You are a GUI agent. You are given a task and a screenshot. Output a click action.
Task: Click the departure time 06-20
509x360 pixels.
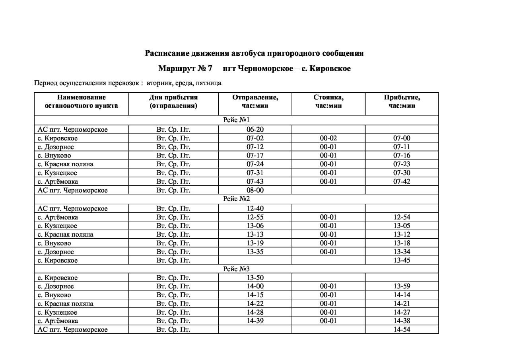(x=255, y=129)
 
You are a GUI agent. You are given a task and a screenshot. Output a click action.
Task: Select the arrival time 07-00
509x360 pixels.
(x=402, y=138)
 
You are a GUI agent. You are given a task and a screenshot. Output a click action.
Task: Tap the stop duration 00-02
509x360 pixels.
(x=328, y=138)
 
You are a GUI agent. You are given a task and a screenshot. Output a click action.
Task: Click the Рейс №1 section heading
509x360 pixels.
(x=236, y=120)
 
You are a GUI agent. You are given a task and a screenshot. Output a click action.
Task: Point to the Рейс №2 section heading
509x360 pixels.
(x=236, y=199)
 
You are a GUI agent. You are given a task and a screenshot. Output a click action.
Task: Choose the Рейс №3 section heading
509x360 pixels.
(x=236, y=269)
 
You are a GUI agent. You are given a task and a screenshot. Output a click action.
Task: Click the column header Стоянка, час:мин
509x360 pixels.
(x=328, y=101)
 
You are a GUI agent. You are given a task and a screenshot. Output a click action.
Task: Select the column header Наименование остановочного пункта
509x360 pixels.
(x=81, y=101)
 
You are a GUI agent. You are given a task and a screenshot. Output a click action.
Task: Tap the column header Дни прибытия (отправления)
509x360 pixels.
(x=173, y=101)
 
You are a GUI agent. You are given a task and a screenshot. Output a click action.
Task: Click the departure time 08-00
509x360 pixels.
(x=255, y=190)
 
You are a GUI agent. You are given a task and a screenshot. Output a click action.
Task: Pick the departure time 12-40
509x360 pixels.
(x=255, y=208)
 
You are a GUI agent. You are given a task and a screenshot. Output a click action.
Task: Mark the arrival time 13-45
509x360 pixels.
(x=402, y=260)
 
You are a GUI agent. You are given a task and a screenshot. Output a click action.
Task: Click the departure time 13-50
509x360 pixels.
(x=255, y=278)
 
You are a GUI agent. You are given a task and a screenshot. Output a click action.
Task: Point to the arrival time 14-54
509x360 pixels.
(x=402, y=329)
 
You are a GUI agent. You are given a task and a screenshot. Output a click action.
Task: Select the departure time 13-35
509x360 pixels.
(x=255, y=251)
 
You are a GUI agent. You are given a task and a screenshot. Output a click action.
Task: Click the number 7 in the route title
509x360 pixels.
(x=210, y=68)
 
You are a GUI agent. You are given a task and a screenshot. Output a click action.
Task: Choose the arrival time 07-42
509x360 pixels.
(x=402, y=181)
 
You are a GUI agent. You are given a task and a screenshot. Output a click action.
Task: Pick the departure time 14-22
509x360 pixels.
(x=255, y=304)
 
